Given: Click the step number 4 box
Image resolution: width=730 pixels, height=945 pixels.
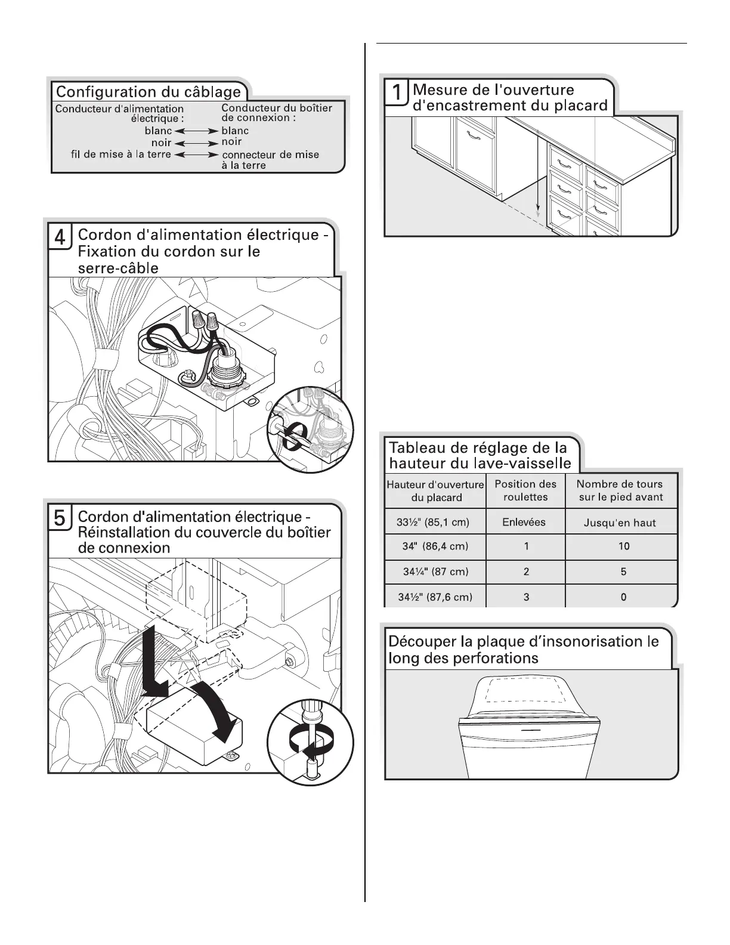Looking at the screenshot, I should point(60,237).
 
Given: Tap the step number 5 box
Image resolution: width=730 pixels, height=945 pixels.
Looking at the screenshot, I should point(60,517).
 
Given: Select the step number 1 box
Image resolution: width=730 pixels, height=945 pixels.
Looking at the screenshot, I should point(397,94).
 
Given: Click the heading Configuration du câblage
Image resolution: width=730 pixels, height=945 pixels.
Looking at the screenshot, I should point(149,92).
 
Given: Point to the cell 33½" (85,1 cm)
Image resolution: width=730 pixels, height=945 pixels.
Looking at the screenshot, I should point(433,523).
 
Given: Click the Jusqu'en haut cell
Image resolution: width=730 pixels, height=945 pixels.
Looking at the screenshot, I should point(620,523).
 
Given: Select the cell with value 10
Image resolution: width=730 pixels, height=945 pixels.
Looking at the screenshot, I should point(624,546).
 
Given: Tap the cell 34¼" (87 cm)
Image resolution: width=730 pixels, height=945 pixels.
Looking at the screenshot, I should point(435,572).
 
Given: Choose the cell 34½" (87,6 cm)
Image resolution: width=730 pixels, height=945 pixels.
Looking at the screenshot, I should point(435,597).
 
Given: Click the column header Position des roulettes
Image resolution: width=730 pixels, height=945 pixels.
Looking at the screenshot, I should point(525,490).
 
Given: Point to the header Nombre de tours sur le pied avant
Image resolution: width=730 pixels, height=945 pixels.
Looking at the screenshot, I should point(620,490).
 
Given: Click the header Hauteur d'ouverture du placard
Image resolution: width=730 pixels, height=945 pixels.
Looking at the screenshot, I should point(435,491).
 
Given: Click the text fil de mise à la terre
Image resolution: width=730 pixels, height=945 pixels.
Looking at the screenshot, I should point(121,155).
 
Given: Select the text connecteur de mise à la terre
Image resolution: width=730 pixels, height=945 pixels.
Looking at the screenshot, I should point(270,160).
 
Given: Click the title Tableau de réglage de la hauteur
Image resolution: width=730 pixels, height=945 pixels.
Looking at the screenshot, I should point(480,455).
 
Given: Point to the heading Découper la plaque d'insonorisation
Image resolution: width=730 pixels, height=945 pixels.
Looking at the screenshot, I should point(524,650).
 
